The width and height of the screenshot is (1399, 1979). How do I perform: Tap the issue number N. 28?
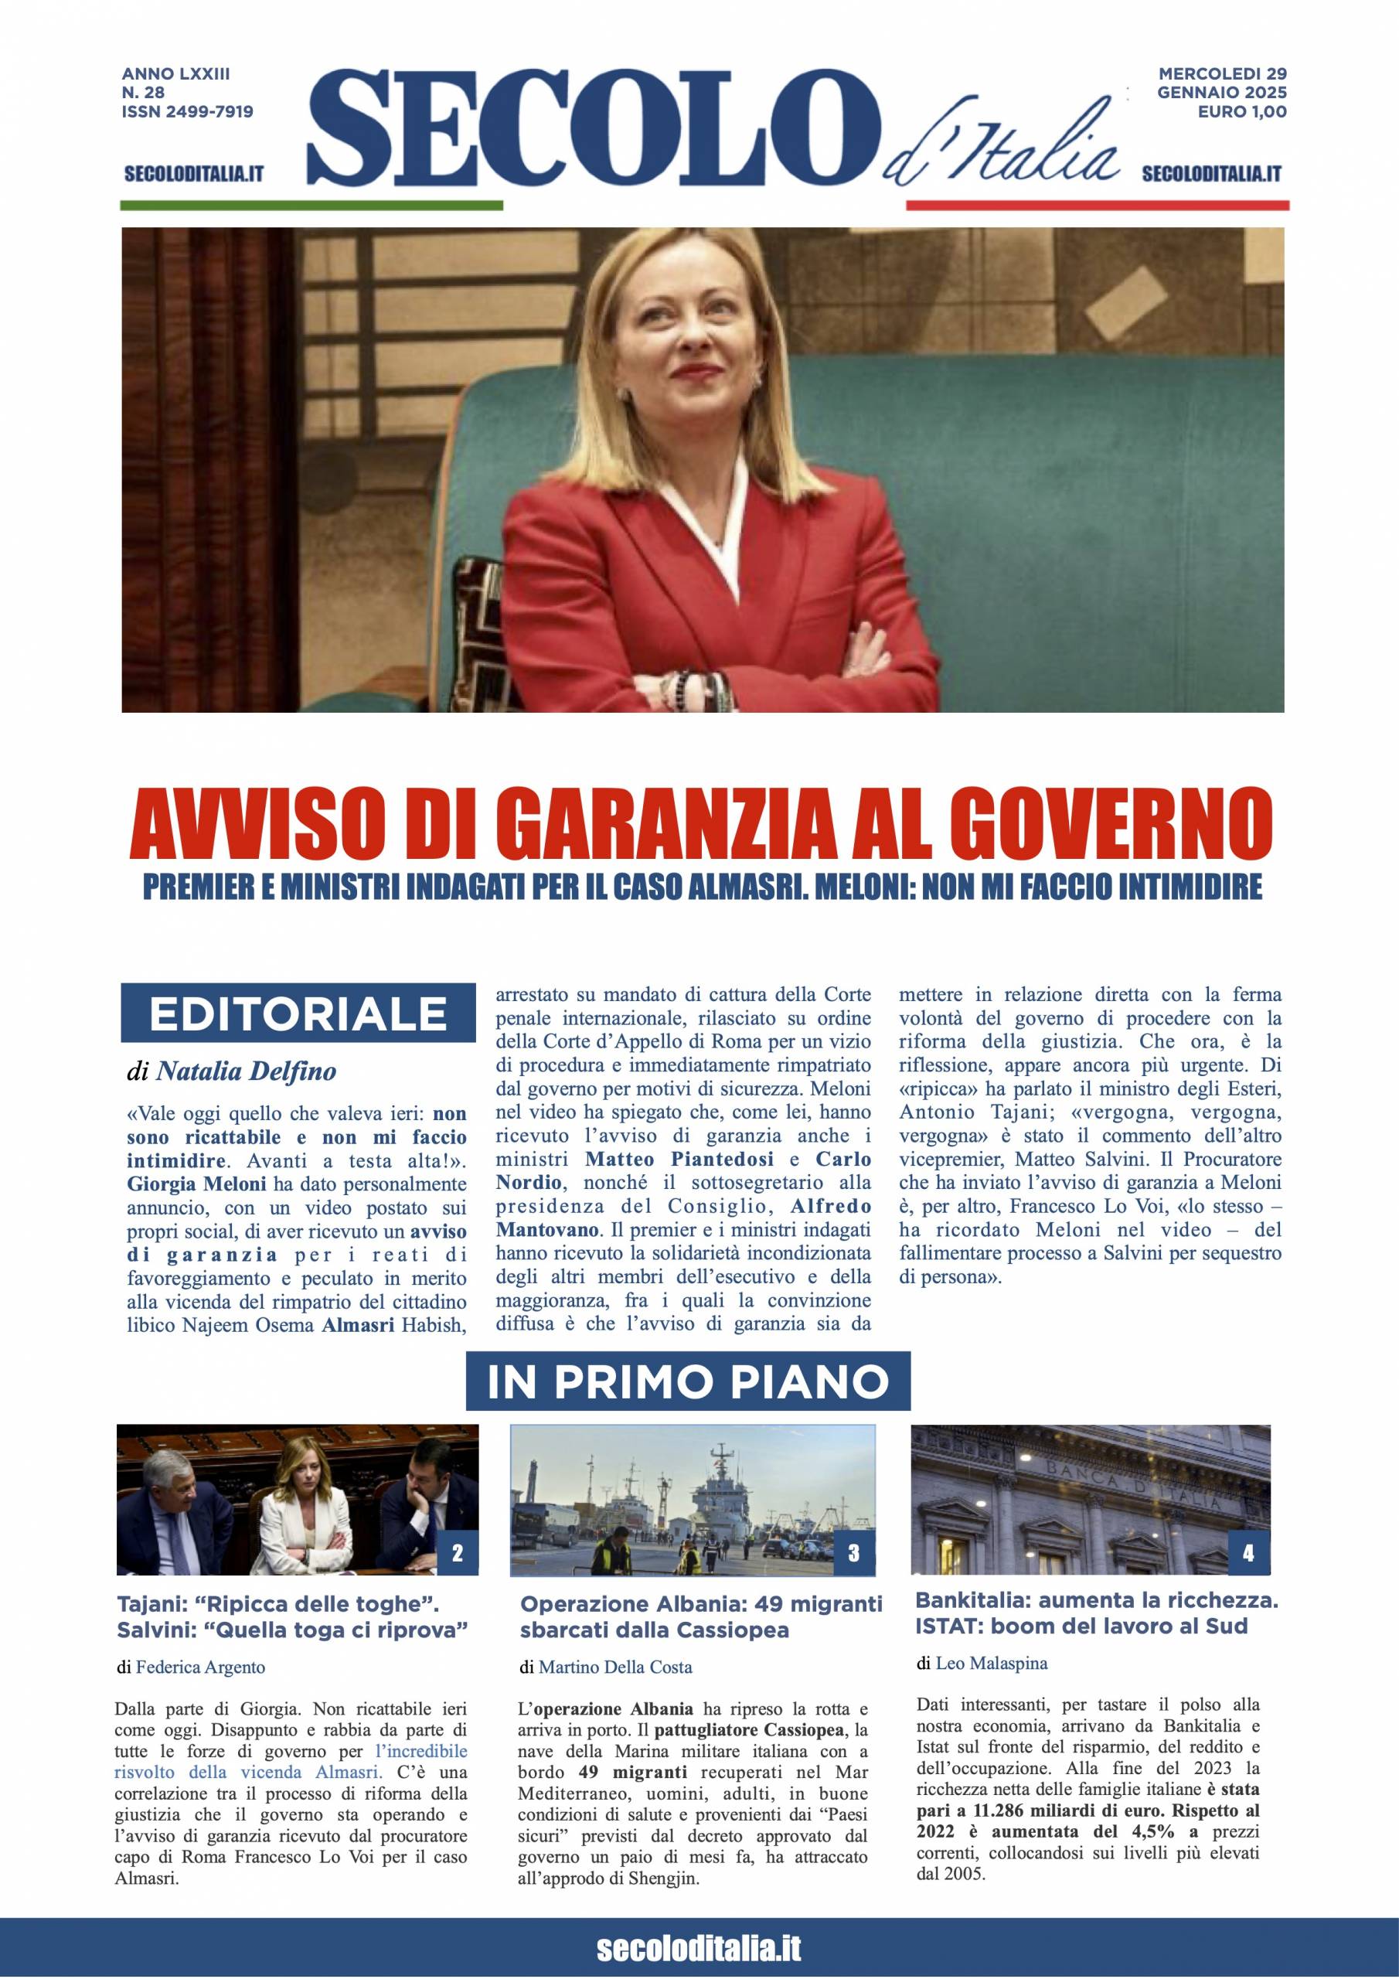tap(143, 92)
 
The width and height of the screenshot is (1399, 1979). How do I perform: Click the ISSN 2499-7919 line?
tap(187, 111)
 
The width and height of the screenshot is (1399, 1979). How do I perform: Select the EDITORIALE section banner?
tap(298, 1013)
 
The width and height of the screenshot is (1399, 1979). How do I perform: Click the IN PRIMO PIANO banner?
tap(688, 1381)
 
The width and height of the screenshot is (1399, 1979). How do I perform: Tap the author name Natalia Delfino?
tap(246, 1071)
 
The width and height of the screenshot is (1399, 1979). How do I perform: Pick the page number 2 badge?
tap(457, 1553)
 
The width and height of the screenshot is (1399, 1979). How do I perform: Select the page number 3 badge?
tap(853, 1553)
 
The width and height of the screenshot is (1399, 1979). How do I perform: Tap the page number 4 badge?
tap(1248, 1553)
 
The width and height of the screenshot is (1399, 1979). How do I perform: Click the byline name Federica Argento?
tap(200, 1667)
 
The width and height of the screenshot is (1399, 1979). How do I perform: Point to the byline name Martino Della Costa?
tap(614, 1667)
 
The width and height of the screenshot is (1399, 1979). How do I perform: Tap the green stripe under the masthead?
tap(310, 205)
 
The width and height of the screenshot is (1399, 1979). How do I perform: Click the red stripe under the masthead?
tap(1097, 205)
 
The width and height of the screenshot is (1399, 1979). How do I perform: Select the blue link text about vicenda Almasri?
tap(290, 1772)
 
